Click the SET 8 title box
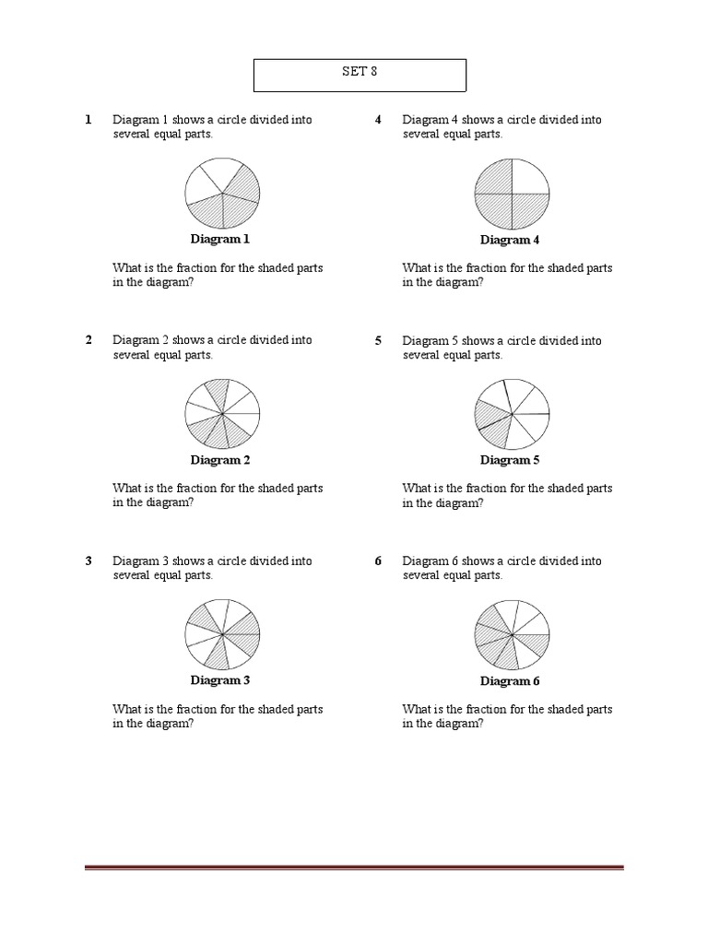click(360, 76)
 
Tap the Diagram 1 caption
click(220, 240)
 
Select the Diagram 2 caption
click(220, 460)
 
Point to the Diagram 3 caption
click(220, 680)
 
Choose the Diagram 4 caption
click(510, 241)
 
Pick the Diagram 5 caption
click(510, 460)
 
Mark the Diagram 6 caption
click(510, 681)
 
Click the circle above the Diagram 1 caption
click(222, 194)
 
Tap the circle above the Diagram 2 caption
click(222, 414)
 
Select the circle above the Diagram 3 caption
click(222, 634)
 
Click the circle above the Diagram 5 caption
click(512, 414)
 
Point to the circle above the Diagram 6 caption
click(512, 635)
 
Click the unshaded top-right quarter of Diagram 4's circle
click(529, 177)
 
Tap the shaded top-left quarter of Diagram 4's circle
click(494, 177)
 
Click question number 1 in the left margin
click(88, 120)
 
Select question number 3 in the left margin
click(88, 560)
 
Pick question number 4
click(378, 120)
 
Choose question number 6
click(378, 560)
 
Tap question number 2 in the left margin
click(88, 340)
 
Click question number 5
click(378, 340)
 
